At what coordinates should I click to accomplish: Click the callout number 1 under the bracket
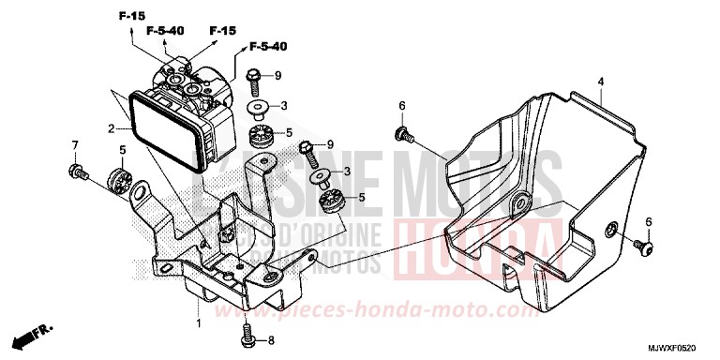[198, 323]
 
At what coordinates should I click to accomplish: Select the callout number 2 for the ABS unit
[111, 127]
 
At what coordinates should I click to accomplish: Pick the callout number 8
[273, 340]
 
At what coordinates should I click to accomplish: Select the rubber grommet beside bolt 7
[119, 177]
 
